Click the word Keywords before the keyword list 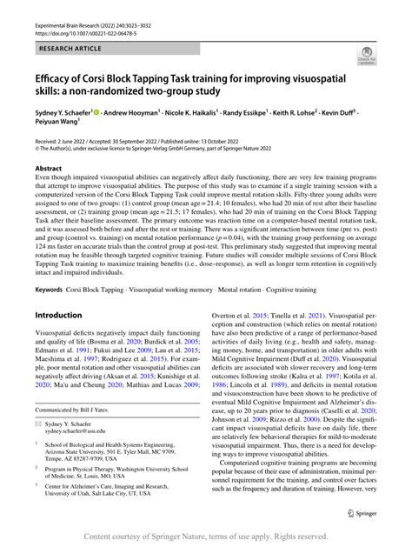53,288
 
